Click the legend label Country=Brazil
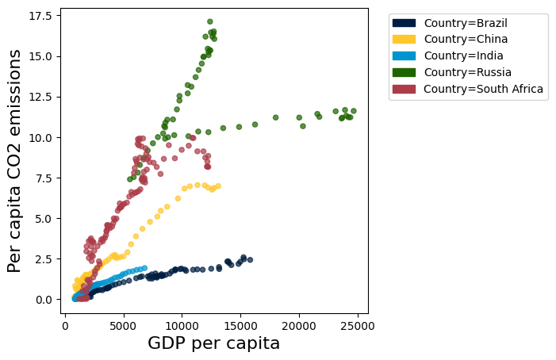point(465,22)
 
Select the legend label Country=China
point(464,39)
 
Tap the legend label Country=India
point(463,56)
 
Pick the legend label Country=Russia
point(466,72)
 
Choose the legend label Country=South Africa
point(483,89)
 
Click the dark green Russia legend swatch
point(404,72)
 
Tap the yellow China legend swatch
point(404,39)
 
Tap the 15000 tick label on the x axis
point(240,324)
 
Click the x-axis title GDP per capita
point(213,343)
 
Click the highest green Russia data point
point(210,21)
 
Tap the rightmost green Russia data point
point(353,111)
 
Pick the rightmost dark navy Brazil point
point(250,260)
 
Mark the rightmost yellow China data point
point(217,186)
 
